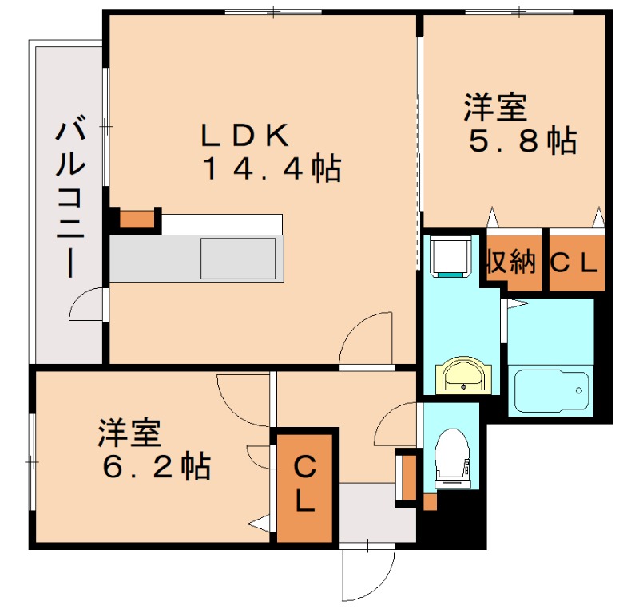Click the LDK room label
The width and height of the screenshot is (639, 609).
coord(245,135)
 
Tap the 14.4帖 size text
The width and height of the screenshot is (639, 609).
coord(272,168)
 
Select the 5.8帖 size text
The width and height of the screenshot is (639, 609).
coord(523,140)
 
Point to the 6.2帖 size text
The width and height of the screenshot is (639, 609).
coord(157,466)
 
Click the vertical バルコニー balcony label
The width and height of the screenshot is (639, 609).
coord(70,196)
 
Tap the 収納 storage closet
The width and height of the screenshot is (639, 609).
coord(511,263)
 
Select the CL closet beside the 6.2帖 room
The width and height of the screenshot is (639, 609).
coord(304,488)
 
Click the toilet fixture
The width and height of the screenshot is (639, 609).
coord(452,458)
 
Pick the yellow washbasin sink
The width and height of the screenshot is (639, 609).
coord(463,375)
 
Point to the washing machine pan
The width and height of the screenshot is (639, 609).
coord(450,257)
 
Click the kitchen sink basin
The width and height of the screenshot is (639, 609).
coord(238,259)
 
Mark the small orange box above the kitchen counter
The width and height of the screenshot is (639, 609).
coord(137,219)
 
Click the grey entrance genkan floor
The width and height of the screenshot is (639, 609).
coord(377,512)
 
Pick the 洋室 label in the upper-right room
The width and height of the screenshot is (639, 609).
coord(495,108)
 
